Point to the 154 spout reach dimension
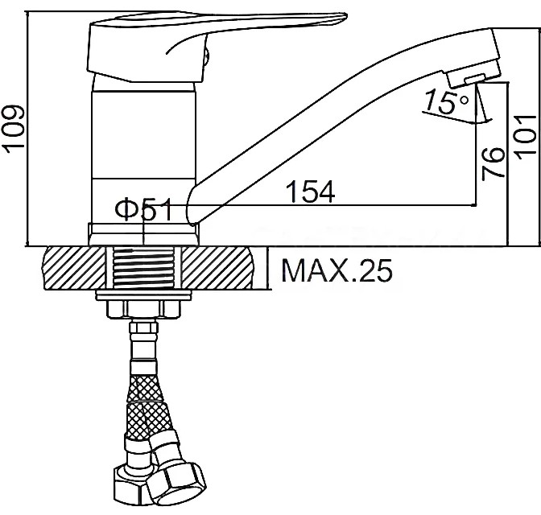311,191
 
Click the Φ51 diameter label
143,209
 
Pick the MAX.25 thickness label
337,270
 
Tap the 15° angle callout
447,101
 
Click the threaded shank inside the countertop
143,268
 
